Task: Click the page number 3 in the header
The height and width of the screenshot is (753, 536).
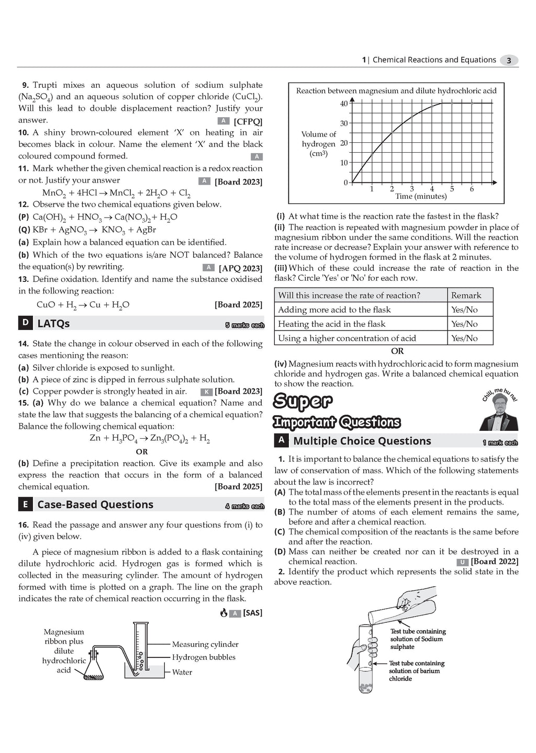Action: (x=509, y=60)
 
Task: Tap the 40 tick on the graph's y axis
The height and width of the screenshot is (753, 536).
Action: (x=344, y=104)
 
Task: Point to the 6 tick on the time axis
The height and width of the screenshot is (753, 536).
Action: (x=472, y=189)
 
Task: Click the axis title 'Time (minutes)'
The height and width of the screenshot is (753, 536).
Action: (x=421, y=197)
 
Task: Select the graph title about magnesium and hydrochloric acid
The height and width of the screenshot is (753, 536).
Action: (x=396, y=90)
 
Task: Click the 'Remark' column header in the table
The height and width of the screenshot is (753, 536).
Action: (x=466, y=295)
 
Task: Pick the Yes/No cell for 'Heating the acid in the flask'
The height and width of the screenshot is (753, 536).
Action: (x=464, y=324)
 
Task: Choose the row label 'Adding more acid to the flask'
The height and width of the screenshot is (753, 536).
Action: (x=334, y=310)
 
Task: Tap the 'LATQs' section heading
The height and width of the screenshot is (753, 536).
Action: (x=53, y=324)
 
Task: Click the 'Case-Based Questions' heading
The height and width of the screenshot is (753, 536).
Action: (x=95, y=505)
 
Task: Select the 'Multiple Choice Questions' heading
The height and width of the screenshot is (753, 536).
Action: (x=362, y=441)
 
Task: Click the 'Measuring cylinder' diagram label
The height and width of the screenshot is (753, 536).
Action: (x=205, y=644)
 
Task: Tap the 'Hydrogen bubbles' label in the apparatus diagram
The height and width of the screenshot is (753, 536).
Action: (x=204, y=657)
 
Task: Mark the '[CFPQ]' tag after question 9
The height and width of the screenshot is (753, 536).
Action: (x=248, y=121)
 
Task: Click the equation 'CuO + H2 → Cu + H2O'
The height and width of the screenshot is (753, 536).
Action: (x=83, y=305)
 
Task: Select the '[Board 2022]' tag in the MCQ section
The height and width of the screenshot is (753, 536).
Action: (x=495, y=562)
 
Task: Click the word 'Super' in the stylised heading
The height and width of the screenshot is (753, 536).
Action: (x=303, y=402)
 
